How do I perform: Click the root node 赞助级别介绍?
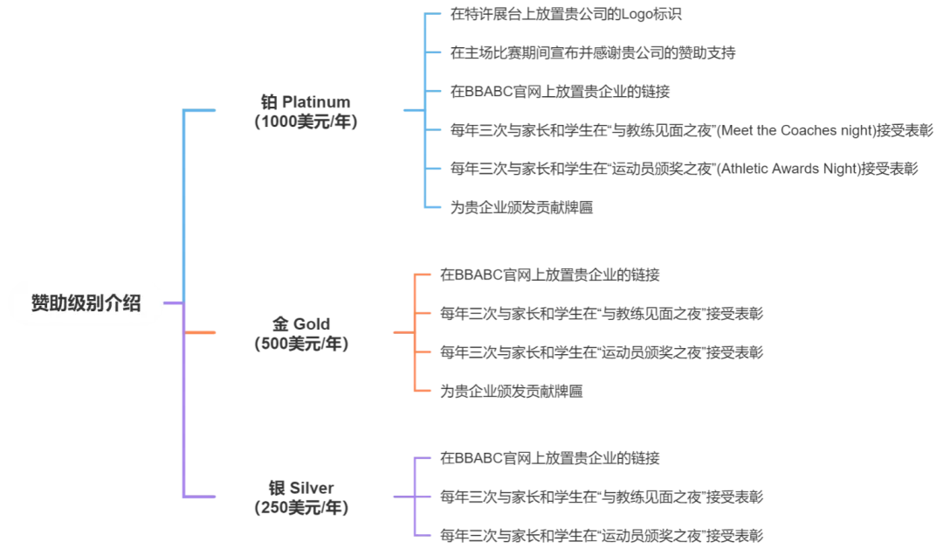pos(86,304)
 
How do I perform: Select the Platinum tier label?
pos(305,101)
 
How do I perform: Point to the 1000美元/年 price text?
pos(305,122)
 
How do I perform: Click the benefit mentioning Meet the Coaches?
pos(690,130)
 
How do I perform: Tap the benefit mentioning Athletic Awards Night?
pos(681,169)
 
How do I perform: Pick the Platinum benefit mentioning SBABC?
pos(559,92)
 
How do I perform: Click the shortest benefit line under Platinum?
pos(520,207)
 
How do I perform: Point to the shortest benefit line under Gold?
pos(513,391)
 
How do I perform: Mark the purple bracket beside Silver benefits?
pos(414,496)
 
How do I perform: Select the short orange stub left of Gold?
pos(201,332)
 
